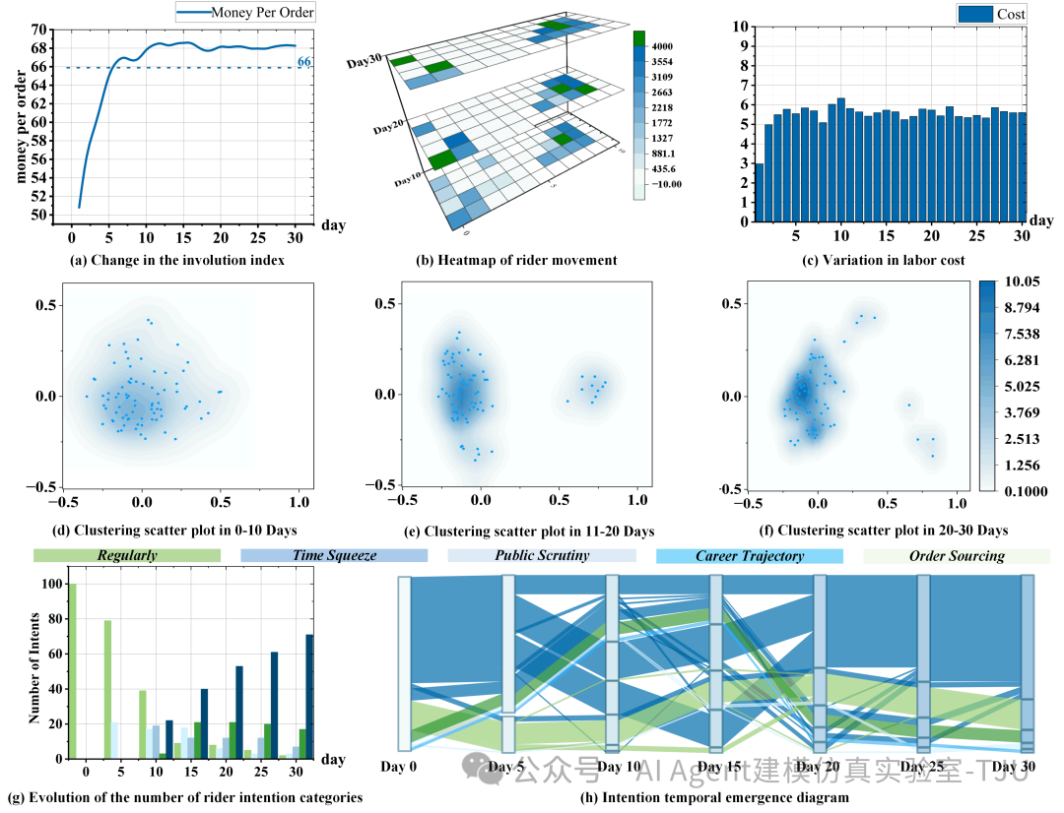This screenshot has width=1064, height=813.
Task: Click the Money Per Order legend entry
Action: point(246,13)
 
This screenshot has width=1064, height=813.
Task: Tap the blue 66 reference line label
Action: point(304,62)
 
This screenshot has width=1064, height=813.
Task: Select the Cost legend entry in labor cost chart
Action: point(992,14)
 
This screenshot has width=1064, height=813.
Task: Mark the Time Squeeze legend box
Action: point(334,556)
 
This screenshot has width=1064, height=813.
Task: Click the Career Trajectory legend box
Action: point(750,556)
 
